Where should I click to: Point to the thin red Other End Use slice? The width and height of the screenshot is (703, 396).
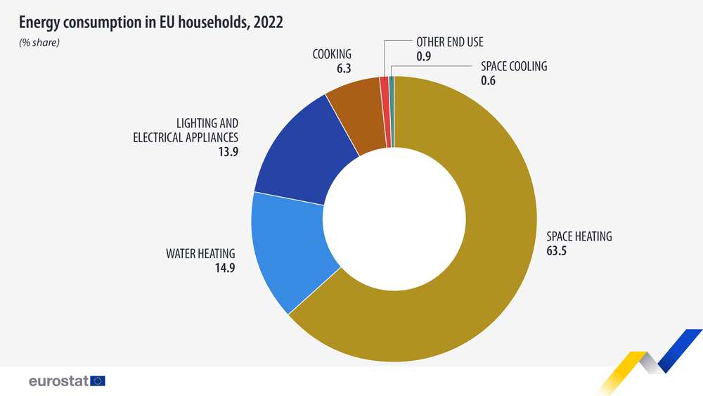pyautogui.click(x=385, y=113)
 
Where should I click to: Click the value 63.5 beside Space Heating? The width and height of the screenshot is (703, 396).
pyautogui.click(x=556, y=250)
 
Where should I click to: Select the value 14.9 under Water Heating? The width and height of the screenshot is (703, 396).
pyautogui.click(x=225, y=267)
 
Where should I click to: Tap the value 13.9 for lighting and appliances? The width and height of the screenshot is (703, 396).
pyautogui.click(x=228, y=151)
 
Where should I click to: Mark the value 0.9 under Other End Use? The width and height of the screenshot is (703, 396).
pyautogui.click(x=423, y=56)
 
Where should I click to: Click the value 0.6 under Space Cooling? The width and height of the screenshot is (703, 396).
pyautogui.click(x=488, y=81)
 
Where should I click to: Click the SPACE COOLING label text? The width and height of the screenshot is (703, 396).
pyautogui.click(x=513, y=67)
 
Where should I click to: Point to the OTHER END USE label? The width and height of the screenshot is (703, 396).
pyautogui.click(x=450, y=42)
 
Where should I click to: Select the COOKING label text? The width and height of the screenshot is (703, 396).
pyautogui.click(x=332, y=54)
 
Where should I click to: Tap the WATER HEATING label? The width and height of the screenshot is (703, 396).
pyautogui.click(x=200, y=253)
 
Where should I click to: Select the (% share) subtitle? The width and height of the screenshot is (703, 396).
pyautogui.click(x=40, y=43)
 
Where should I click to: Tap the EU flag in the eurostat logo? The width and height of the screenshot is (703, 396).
pyautogui.click(x=98, y=381)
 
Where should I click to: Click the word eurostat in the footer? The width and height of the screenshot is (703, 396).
pyautogui.click(x=58, y=381)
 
